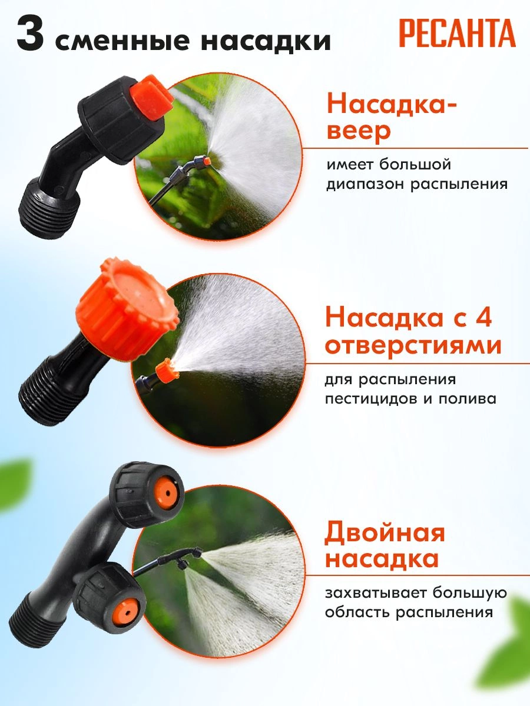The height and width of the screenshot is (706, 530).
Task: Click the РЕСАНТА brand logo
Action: [x=458, y=33]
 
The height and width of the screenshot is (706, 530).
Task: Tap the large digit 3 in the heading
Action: [x=30, y=34]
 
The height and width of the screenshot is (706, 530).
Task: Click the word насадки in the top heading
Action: [x=266, y=41]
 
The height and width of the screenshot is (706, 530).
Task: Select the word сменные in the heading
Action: [x=122, y=41]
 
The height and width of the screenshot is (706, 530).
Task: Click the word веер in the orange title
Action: [x=359, y=131]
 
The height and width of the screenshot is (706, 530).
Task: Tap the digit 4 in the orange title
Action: [x=482, y=317]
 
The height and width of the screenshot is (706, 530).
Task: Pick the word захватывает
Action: [x=376, y=592]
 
